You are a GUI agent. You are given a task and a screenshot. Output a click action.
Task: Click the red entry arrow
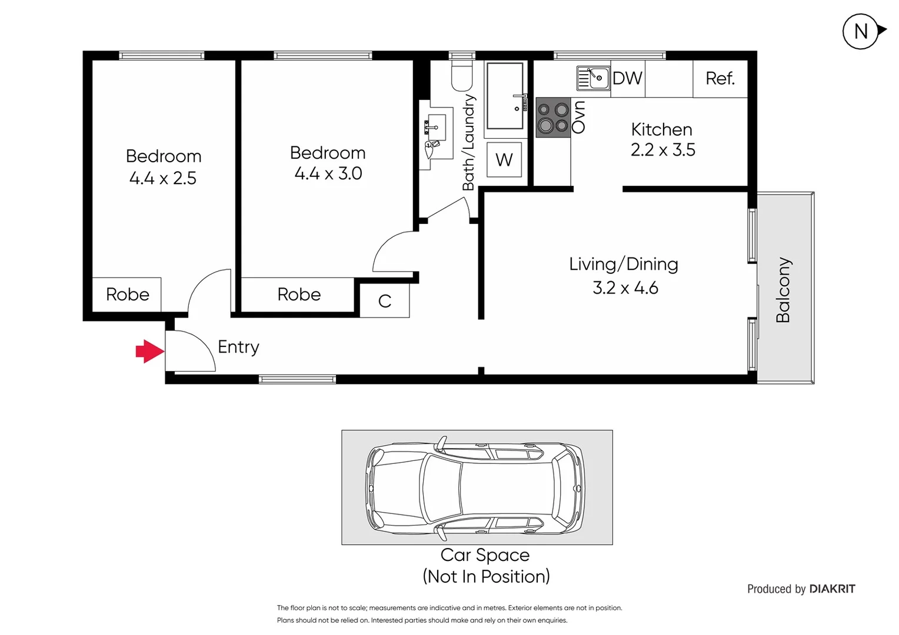pos(149,352)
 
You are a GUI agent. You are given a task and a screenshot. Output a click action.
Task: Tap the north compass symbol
pos(862,31)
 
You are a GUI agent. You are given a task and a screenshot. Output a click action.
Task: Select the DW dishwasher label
pos(627,78)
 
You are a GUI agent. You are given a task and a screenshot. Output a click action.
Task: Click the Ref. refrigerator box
pos(720,78)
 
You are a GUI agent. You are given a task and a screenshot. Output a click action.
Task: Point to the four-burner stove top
pos(553,117)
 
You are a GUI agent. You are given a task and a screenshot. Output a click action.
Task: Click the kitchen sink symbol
pos(593,78)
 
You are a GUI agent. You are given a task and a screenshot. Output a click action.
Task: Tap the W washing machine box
pos(504,159)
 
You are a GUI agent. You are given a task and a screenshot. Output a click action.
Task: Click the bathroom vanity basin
pos(436,127)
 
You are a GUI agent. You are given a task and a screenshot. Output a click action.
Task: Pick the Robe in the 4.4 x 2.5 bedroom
pos(127,294)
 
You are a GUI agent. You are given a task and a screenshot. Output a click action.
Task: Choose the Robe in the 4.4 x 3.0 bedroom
pos(299,294)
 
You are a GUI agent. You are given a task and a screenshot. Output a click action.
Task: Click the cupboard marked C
pos(384,301)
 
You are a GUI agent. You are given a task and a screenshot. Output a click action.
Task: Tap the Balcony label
pos(783,290)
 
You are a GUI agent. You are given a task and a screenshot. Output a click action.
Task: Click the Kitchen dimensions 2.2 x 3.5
pos(662,150)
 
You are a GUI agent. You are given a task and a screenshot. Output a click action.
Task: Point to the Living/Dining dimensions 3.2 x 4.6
pos(625,288)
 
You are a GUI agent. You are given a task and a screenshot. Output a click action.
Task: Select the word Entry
pos(238,347)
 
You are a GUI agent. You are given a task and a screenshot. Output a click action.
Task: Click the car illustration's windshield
pos(441,488)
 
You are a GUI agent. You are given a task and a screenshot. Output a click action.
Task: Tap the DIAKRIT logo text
pos(832,589)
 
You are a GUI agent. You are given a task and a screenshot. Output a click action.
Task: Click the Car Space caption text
pos(485,555)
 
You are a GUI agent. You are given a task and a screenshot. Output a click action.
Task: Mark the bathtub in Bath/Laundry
pos(505,96)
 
